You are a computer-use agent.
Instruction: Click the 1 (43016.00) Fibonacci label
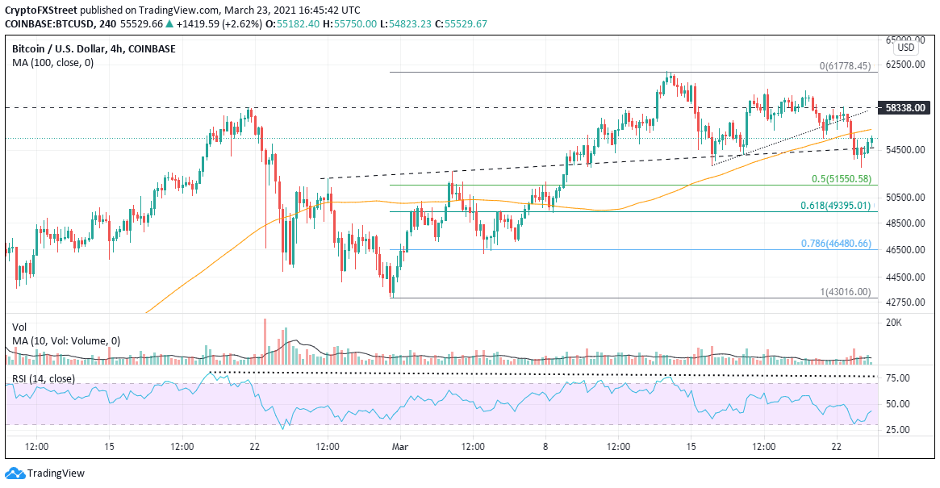(846, 292)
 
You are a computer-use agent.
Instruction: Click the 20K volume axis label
(893, 323)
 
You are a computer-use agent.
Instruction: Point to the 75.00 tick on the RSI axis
(898, 378)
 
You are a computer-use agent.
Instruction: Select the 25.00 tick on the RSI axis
(898, 428)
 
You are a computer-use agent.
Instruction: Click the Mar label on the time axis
(400, 446)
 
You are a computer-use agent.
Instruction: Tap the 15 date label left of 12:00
(110, 446)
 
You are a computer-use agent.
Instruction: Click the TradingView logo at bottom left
(45, 473)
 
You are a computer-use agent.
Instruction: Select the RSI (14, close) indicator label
(44, 379)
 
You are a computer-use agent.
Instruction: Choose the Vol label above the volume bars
(19, 327)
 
